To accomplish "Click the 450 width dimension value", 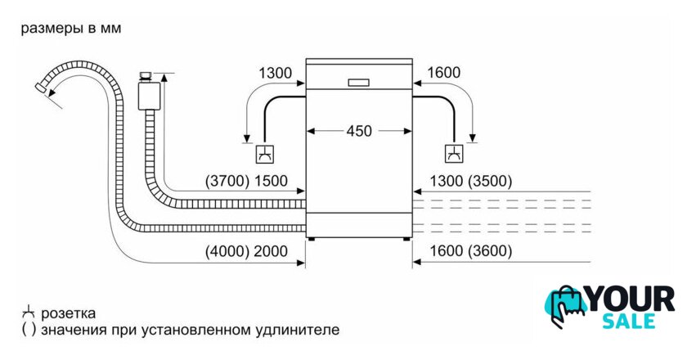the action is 359,131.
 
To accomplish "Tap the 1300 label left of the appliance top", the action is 275,73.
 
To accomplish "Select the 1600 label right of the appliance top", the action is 443,72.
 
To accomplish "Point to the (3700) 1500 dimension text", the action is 246,181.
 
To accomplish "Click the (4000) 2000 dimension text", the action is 246,251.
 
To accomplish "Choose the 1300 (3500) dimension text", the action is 470,181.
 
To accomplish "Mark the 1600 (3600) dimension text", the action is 470,251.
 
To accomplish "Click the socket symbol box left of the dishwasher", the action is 265,154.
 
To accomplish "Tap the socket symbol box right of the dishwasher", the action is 455,154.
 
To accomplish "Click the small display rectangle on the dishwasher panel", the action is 358,83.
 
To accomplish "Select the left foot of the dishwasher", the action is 311,240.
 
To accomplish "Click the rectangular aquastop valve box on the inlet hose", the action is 149,96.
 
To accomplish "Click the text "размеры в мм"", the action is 71,29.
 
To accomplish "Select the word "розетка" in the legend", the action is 69,313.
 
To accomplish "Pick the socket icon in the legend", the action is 28,313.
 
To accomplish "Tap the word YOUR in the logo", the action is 630,299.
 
